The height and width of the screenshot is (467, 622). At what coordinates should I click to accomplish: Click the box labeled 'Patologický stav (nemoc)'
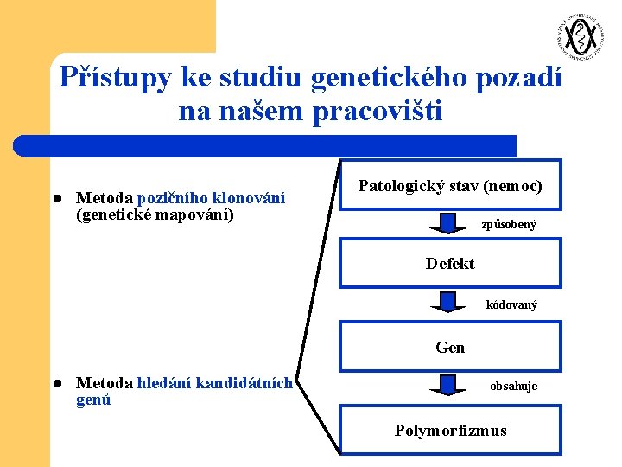click(x=450, y=186)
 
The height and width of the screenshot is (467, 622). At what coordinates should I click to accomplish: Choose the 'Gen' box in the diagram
click(x=450, y=348)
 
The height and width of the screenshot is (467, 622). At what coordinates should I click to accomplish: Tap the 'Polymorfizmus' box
click(x=450, y=431)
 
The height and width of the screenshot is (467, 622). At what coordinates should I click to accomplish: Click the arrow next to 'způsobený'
click(x=447, y=223)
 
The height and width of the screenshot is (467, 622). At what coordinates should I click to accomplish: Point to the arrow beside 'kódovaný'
click(x=447, y=303)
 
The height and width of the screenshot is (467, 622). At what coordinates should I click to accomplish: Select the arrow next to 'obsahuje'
click(x=447, y=384)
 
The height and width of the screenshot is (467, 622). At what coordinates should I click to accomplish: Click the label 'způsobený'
click(x=509, y=225)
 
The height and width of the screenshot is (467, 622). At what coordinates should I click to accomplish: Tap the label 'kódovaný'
click(x=511, y=304)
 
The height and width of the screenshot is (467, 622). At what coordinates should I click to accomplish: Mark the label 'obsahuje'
click(x=513, y=386)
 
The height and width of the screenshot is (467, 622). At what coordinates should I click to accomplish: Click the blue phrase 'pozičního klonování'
click(x=211, y=198)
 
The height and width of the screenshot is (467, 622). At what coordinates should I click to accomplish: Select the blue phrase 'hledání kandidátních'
click(x=215, y=383)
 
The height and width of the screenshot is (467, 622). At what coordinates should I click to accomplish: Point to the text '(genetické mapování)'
click(x=155, y=214)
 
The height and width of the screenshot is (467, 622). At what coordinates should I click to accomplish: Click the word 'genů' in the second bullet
click(x=93, y=400)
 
